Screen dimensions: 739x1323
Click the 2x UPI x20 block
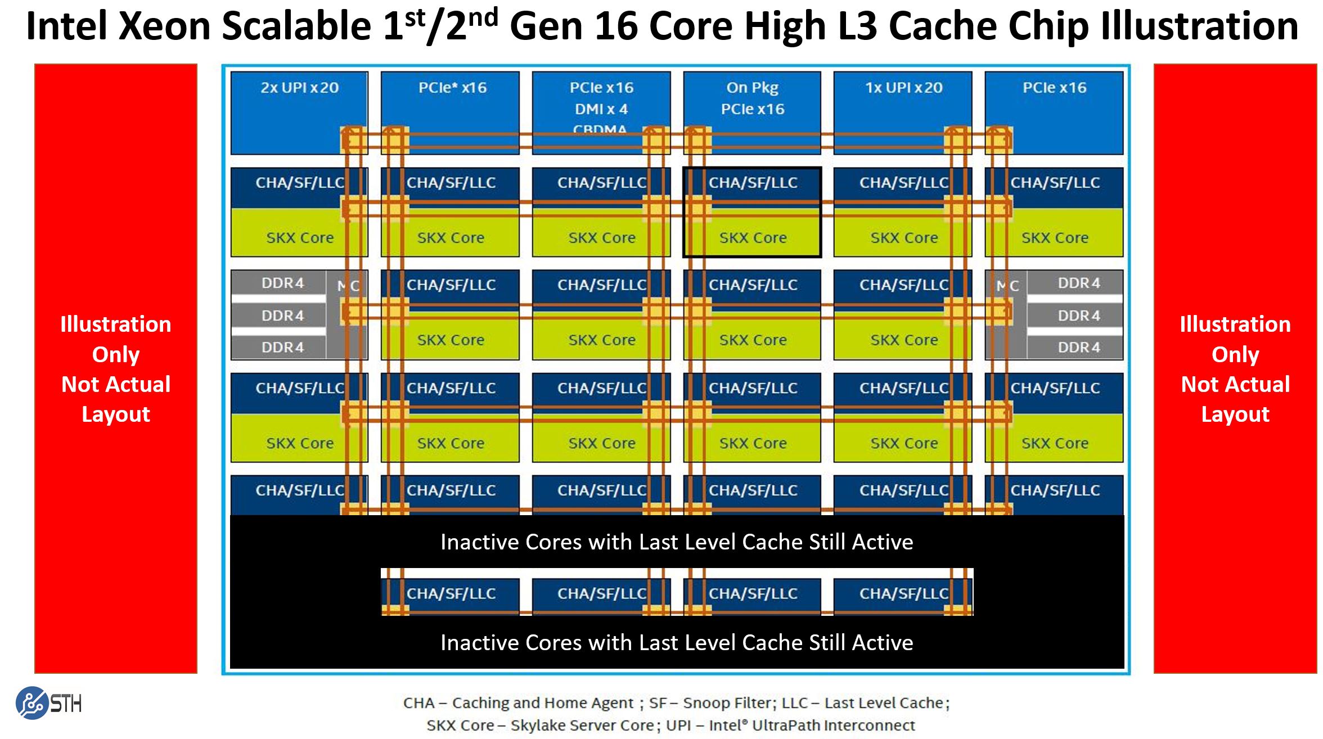coord(299,112)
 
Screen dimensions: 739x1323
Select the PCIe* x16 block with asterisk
coord(451,112)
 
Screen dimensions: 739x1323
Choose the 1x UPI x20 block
coord(903,112)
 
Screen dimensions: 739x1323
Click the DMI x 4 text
coord(601,109)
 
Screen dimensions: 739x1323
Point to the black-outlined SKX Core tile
coord(753,213)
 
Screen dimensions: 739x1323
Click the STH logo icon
coord(32,703)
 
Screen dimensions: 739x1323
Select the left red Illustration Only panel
coord(116,368)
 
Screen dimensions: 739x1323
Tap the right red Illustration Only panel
coord(1235,368)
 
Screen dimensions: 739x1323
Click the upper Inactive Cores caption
coord(677,542)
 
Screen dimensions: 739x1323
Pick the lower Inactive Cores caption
coord(677,642)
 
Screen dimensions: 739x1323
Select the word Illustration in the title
coord(1199,26)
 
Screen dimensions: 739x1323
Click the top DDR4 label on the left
coord(282,283)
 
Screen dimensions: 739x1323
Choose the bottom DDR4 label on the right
coord(1079,348)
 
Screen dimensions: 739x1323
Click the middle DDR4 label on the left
coord(282,316)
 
